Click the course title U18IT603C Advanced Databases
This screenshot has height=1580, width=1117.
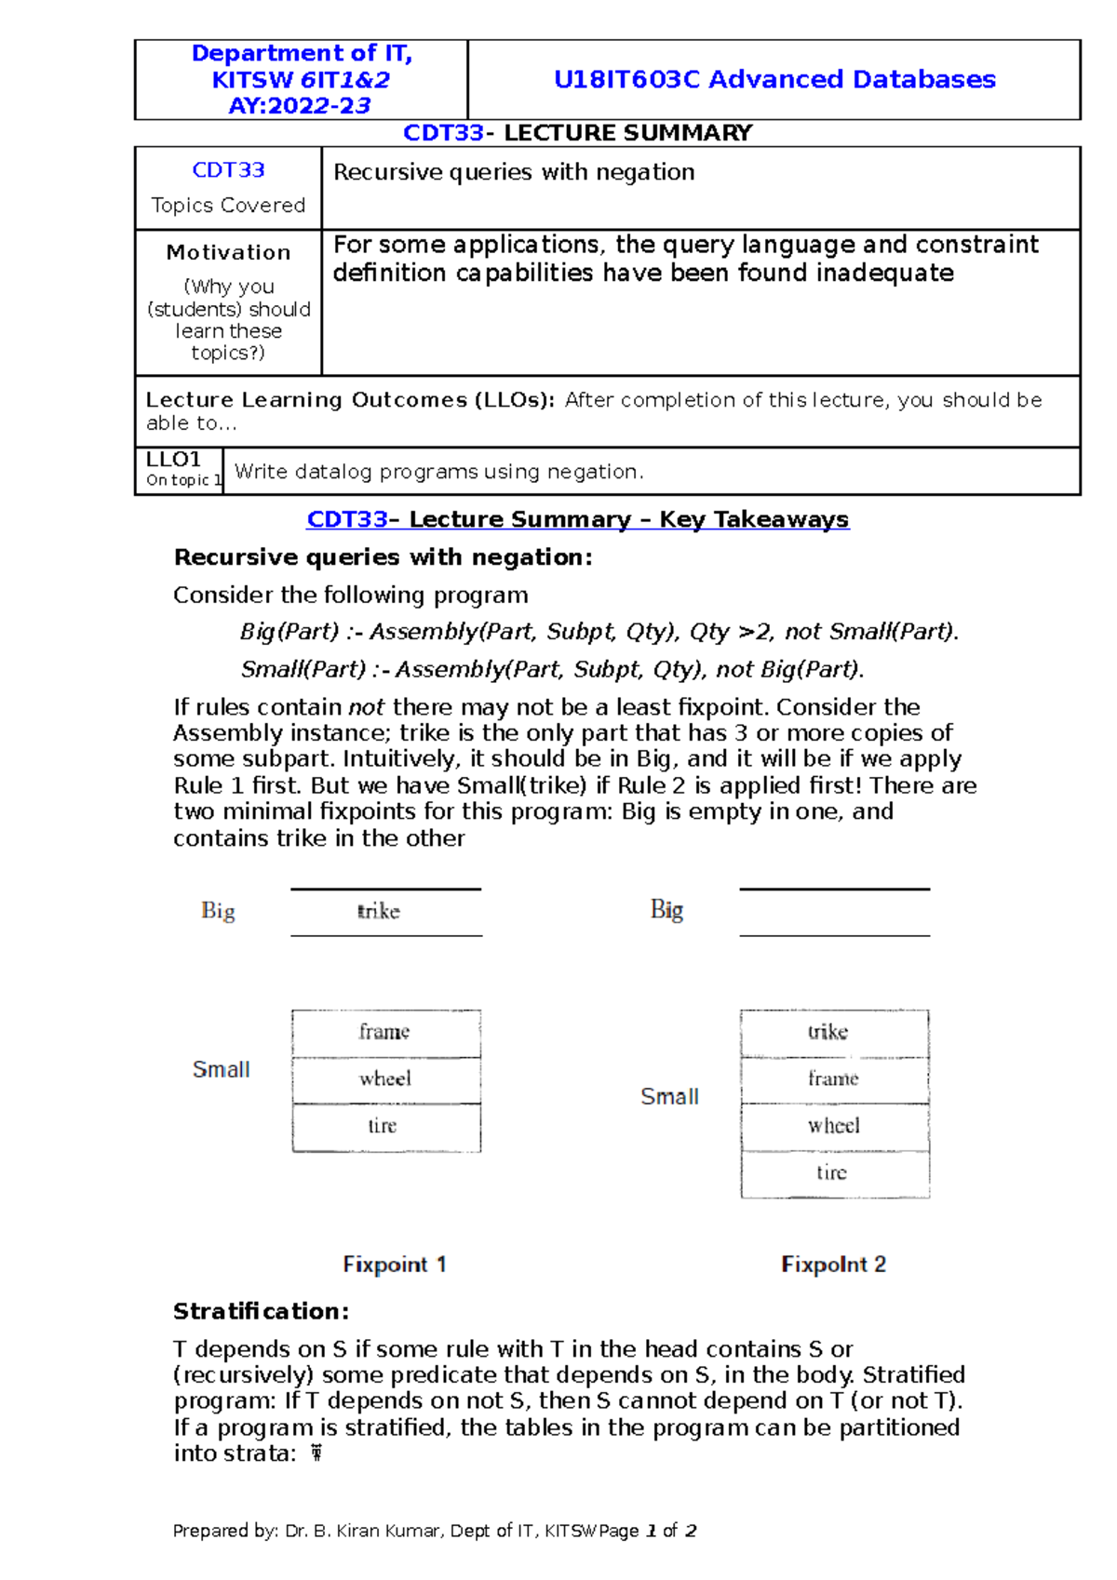tap(774, 79)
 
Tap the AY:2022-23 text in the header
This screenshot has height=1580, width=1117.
tap(300, 106)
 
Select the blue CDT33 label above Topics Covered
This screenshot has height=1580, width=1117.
tap(228, 170)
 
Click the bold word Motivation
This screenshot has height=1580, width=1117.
tap(228, 252)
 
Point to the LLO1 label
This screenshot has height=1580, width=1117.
tap(173, 460)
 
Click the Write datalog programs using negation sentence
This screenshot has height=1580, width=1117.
tap(438, 472)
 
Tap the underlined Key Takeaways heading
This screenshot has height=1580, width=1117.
tap(577, 519)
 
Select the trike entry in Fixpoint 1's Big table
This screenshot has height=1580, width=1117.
tap(379, 911)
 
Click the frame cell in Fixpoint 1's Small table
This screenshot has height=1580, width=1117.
tap(384, 1032)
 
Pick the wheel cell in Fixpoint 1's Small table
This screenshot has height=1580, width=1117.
tap(385, 1079)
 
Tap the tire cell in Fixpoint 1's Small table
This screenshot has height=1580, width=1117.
tap(383, 1126)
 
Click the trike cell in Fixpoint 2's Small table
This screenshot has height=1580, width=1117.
tap(828, 1032)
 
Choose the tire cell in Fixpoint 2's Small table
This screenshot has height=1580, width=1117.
tap(831, 1172)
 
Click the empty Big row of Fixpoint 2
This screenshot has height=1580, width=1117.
tap(834, 912)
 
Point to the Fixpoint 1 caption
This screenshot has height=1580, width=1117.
tap(395, 1265)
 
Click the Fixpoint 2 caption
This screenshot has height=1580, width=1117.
tap(833, 1265)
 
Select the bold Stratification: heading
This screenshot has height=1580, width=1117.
tap(261, 1311)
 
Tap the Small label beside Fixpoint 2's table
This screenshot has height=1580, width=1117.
tap(669, 1097)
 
